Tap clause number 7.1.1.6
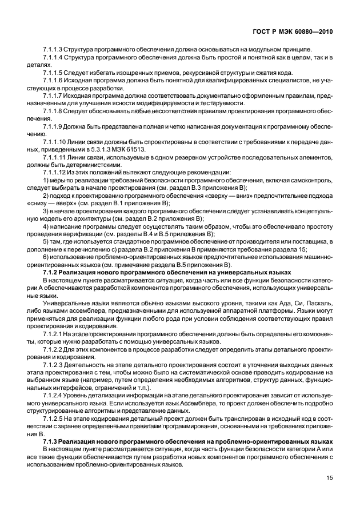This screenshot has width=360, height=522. (53, 81)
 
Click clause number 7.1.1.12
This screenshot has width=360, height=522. (55, 172)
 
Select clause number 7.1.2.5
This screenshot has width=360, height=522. (53, 420)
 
